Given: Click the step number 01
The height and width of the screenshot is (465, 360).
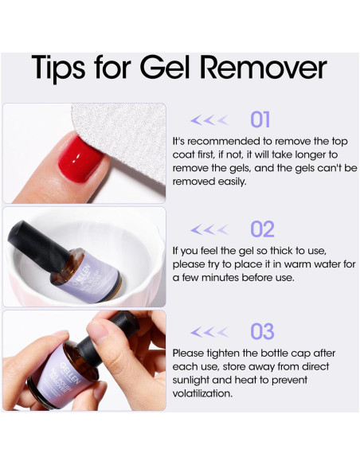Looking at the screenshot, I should click(260, 119).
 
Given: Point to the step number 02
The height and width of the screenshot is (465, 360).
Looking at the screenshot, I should click(262, 229).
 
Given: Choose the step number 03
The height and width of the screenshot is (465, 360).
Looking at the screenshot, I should click(262, 331).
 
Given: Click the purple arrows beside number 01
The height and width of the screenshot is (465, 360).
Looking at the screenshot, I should click(210, 120).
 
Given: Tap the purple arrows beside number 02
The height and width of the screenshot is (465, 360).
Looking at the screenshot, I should click(210, 230).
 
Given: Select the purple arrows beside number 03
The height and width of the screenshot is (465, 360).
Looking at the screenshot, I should click(210, 332).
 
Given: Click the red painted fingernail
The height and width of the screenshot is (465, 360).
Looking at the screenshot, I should click(80, 150).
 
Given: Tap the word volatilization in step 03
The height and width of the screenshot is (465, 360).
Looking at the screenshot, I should click(202, 393).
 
